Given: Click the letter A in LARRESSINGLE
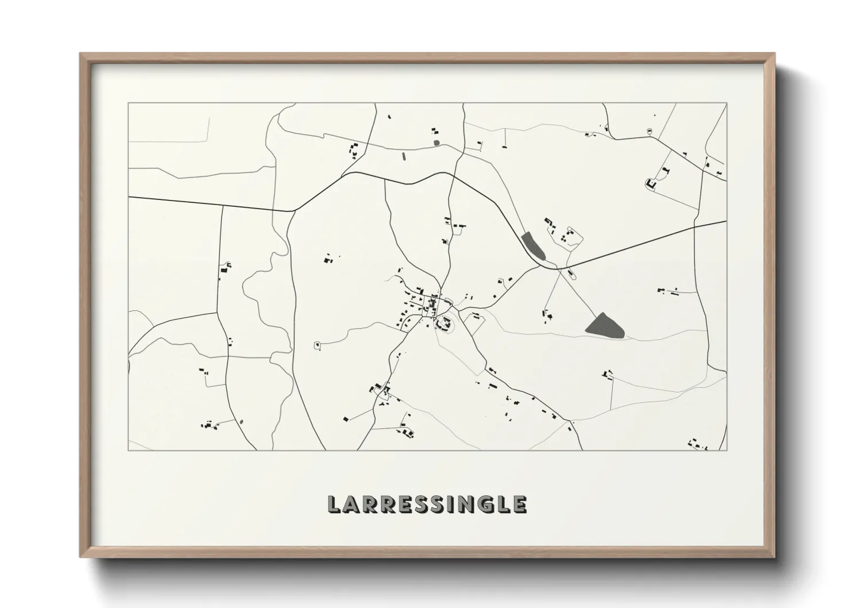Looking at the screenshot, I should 351,505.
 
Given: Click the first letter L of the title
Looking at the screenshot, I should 334,505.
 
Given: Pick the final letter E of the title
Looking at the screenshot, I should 519,505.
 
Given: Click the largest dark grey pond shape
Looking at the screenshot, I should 605,326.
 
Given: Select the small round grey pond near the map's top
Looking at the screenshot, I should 436,143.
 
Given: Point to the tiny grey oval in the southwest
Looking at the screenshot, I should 241,422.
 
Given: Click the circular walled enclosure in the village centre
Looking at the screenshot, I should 444,325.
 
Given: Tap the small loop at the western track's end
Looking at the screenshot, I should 316,345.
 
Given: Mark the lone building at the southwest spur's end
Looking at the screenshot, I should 345,420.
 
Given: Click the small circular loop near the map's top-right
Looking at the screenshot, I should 649,131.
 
